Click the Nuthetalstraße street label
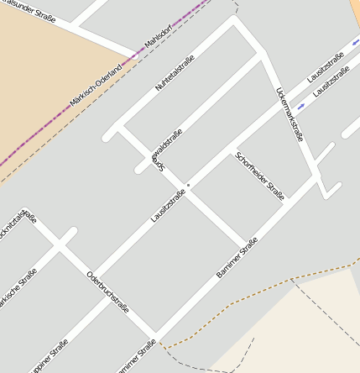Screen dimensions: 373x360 175,73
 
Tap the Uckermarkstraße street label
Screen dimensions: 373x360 289,114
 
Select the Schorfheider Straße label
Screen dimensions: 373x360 259,176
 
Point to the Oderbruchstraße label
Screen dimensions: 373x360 107,292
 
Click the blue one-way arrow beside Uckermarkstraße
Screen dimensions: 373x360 301,107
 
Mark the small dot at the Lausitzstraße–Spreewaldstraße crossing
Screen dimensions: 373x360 189,185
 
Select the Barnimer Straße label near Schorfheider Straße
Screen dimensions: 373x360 237,258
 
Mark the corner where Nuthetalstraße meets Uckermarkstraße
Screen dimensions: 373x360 237,21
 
